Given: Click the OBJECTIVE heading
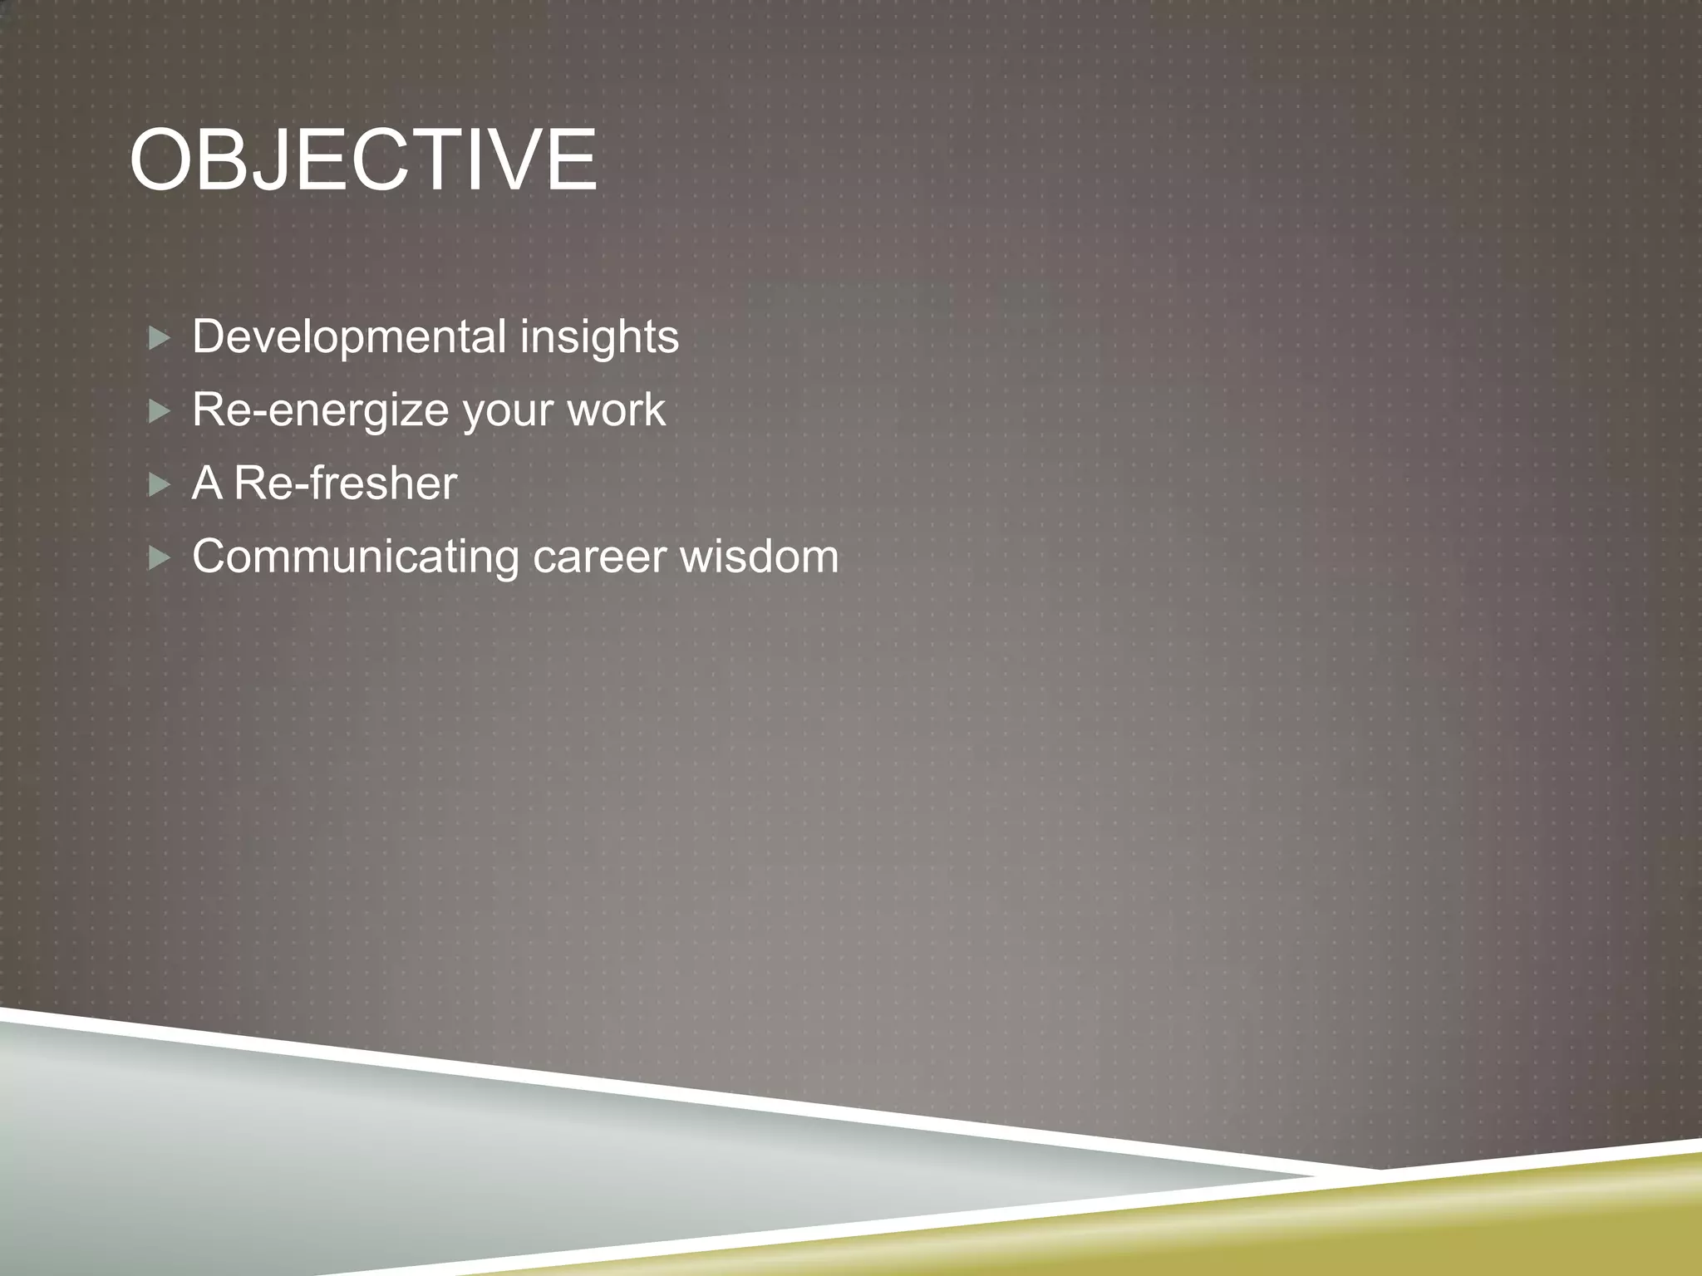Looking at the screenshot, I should click(x=363, y=160).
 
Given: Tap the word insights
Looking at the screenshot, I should click(x=599, y=337).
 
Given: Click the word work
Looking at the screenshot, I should click(x=616, y=410).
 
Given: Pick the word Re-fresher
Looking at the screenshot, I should click(x=345, y=483).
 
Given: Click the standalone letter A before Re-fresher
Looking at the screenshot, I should click(x=207, y=483).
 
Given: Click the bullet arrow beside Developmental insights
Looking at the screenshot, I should click(x=159, y=339).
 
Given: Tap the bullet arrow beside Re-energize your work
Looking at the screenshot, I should click(x=159, y=412).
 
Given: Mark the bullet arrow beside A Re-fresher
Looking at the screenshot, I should click(x=159, y=485).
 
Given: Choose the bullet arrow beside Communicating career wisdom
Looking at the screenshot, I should click(x=159, y=558).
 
